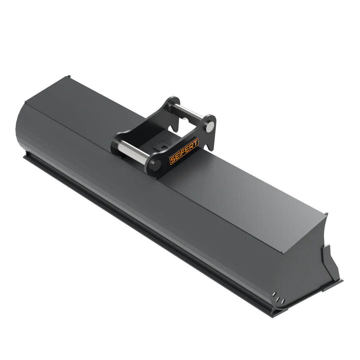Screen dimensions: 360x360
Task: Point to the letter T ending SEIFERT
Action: coord(196,142)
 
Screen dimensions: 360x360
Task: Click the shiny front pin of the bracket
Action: coord(133,150)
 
